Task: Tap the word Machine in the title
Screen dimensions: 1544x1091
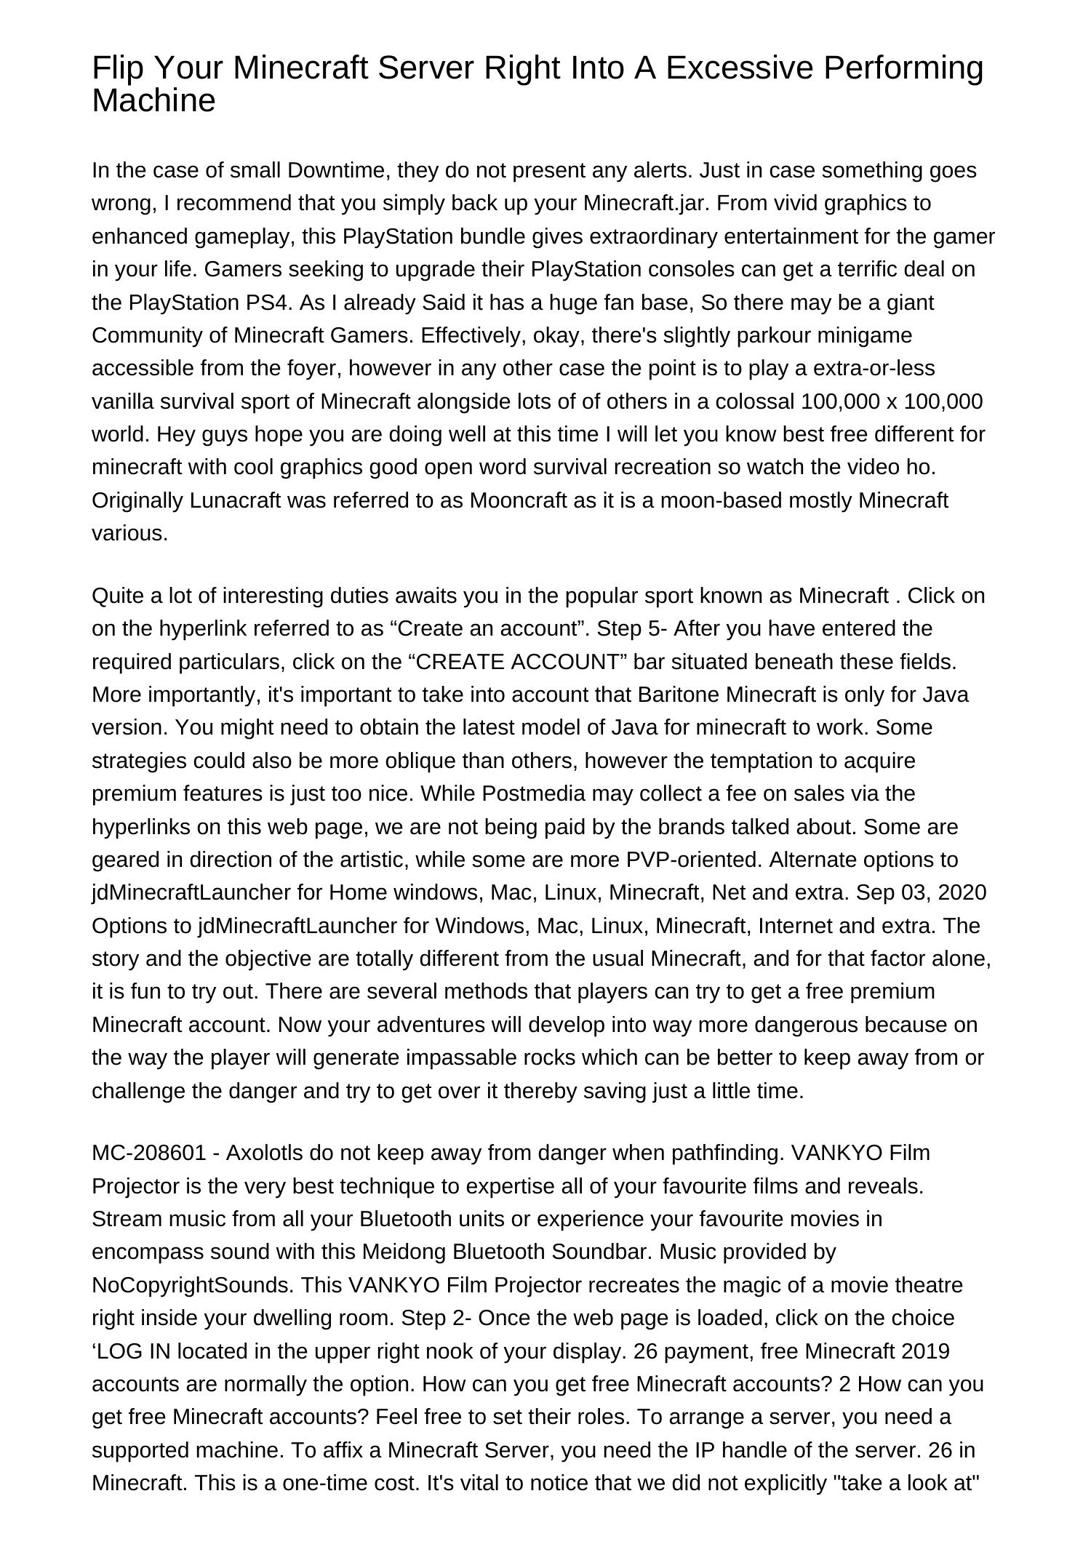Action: [x=153, y=100]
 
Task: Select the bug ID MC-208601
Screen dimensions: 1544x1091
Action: [x=154, y=1153]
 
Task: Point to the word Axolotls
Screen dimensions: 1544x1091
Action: [x=265, y=1153]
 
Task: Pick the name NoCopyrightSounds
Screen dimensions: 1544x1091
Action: [x=192, y=1285]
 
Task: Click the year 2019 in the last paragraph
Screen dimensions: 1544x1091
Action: [x=925, y=1351]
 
